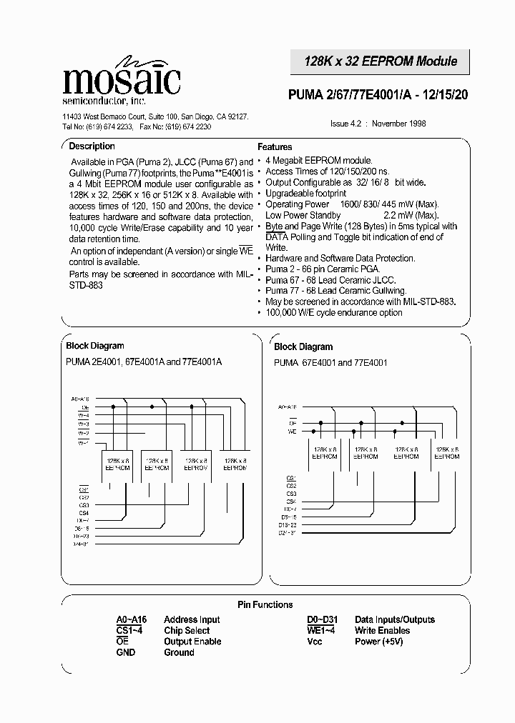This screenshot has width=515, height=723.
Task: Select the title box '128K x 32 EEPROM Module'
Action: (x=381, y=61)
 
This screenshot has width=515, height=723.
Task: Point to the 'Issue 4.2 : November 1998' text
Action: (x=378, y=124)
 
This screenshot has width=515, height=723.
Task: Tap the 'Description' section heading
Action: (x=92, y=146)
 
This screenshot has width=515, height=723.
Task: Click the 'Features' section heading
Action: (x=275, y=146)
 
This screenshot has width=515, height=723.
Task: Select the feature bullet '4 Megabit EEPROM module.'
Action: (x=318, y=161)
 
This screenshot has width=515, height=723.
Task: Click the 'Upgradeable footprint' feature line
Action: (x=305, y=194)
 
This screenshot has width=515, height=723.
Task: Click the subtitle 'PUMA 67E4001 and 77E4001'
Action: (x=330, y=363)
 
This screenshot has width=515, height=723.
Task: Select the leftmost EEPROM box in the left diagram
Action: (x=118, y=465)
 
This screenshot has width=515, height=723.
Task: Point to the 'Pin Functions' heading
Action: (x=265, y=604)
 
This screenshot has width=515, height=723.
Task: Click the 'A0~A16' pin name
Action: (x=132, y=620)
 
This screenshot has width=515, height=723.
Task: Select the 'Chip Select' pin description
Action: (x=187, y=631)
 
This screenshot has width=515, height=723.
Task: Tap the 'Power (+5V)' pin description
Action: (x=379, y=642)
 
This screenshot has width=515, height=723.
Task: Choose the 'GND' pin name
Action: (x=125, y=652)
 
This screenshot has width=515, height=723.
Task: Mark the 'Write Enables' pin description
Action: (x=382, y=631)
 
